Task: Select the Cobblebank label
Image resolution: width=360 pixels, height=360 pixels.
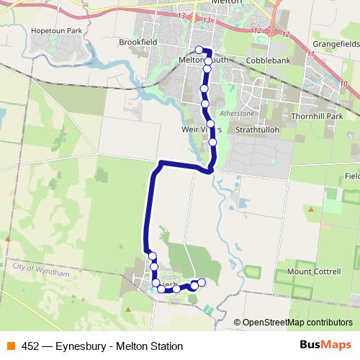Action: pyautogui.click(x=268, y=60)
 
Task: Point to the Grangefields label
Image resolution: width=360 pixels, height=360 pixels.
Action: pyautogui.click(x=336, y=43)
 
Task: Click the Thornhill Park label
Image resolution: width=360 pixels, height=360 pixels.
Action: pyautogui.click(x=315, y=115)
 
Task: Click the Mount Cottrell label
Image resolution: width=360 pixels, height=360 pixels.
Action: pyautogui.click(x=314, y=271)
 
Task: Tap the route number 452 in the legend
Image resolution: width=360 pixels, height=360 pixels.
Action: pyautogui.click(x=31, y=346)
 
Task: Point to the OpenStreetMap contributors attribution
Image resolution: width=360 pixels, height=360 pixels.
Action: pyautogui.click(x=297, y=323)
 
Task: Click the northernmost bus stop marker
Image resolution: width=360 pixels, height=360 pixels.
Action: pyautogui.click(x=199, y=50)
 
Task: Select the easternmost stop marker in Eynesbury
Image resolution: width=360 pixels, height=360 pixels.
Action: pyautogui.click(x=202, y=282)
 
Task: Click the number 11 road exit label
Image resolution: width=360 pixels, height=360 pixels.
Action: pyautogui.click(x=310, y=53)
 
